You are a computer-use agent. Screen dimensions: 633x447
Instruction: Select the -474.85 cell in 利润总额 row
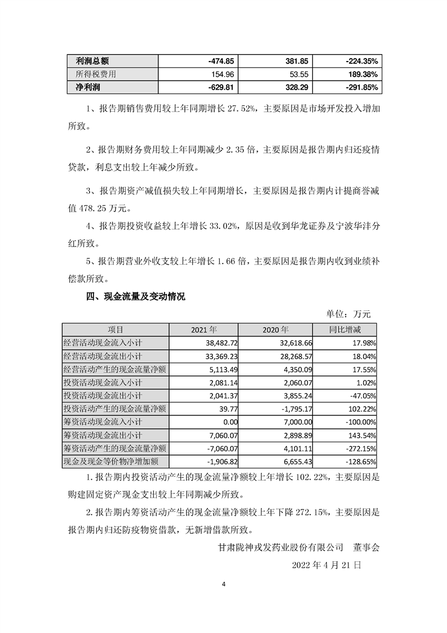click(x=221, y=60)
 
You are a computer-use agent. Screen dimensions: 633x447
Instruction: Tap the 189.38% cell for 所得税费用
click(x=362, y=74)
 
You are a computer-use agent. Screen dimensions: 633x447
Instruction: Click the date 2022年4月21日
click(x=326, y=564)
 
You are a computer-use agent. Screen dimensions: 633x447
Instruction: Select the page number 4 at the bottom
click(x=224, y=600)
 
